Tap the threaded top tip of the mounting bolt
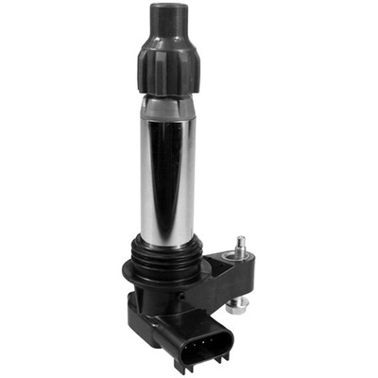241,241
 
